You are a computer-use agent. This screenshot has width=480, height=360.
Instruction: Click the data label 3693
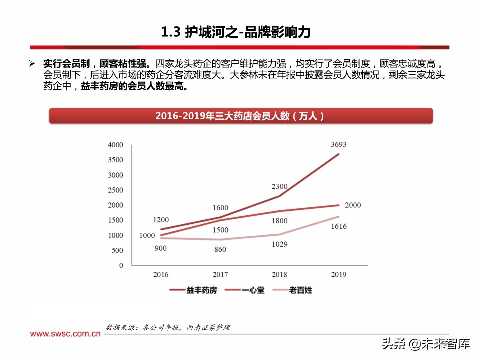[338, 145]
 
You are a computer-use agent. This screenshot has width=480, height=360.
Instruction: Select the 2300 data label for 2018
[279, 186]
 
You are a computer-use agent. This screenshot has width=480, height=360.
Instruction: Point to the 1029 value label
[279, 244]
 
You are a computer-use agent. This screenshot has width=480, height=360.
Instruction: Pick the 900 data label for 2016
[160, 248]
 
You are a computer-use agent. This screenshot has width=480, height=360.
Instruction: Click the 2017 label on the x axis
[220, 274]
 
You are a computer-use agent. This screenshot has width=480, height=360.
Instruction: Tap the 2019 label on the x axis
[338, 274]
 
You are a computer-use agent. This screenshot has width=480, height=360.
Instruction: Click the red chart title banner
[240, 116]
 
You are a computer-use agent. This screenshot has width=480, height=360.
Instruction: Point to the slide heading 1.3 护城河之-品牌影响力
[236, 33]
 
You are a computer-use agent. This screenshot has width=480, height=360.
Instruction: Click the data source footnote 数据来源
[168, 328]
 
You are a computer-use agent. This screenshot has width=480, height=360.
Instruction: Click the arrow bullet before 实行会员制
[32, 64]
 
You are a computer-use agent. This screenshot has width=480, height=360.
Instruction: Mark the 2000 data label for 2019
[352, 205]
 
